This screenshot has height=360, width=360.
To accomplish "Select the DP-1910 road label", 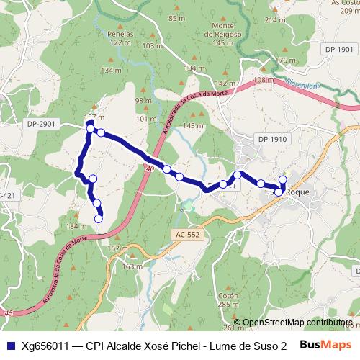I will click(x=271, y=138).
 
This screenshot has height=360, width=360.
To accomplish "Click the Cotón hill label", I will click(x=228, y=296).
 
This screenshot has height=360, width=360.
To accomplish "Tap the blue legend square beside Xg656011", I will click(x=10, y=346).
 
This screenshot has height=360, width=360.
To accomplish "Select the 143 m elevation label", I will click(x=194, y=126).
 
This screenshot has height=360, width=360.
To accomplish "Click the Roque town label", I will click(x=296, y=193).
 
